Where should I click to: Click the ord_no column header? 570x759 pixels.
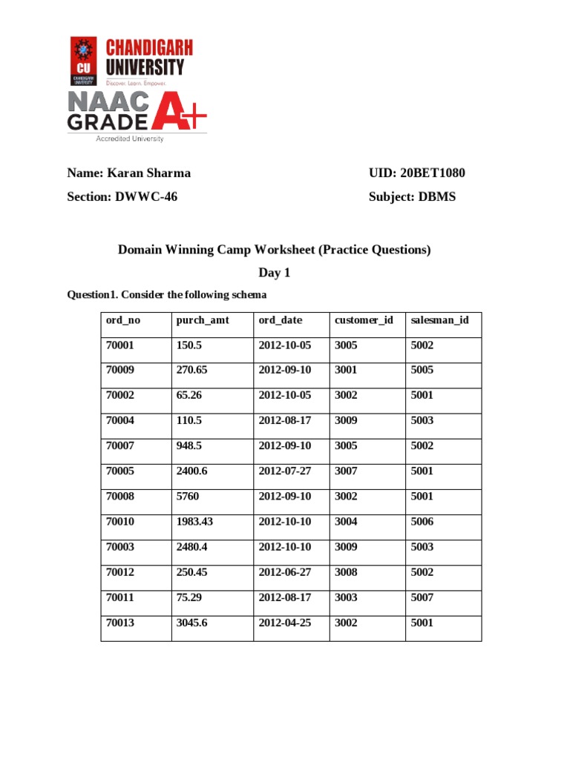(122, 320)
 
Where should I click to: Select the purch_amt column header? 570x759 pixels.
(203, 320)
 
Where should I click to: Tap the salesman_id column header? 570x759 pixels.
(440, 320)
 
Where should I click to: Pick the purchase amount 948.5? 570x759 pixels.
(192, 446)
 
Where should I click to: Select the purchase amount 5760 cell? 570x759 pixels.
(190, 497)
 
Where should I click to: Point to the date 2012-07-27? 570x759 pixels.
(285, 471)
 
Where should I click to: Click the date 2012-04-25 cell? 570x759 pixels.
(285, 623)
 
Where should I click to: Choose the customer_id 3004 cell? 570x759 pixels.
(346, 522)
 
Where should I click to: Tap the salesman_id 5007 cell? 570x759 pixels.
(422, 597)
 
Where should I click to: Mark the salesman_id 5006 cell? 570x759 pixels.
(422, 522)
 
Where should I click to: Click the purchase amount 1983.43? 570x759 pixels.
(194, 522)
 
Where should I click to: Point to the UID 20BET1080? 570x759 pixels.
(417, 173)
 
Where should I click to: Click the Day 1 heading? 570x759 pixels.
(274, 273)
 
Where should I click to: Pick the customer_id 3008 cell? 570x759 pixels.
(346, 572)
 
